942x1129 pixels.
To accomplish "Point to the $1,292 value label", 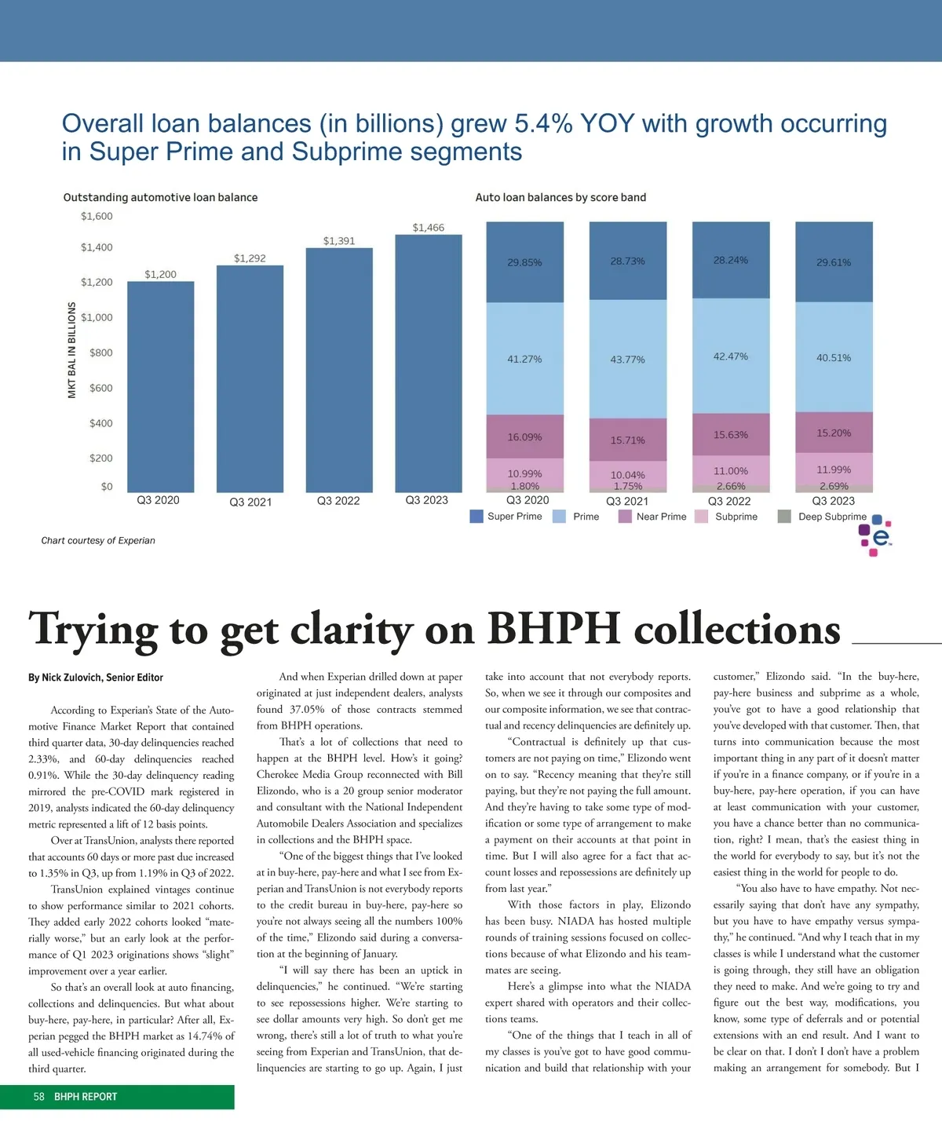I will point(250,258).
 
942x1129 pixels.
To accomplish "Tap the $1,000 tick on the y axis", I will point(97,317).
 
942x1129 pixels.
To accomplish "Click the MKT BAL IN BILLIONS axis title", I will point(72,350).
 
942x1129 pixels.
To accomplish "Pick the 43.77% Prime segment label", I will point(627,360).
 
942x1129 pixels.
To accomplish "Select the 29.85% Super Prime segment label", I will point(524,262).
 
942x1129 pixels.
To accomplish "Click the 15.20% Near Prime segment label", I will point(834,433).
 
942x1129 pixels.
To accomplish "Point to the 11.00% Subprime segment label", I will point(730,471).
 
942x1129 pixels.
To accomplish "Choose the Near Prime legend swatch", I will point(625,517).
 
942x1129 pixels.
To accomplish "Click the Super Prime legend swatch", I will point(476,517).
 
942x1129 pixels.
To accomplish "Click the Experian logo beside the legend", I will point(877,536).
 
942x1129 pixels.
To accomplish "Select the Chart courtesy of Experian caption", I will point(98,540).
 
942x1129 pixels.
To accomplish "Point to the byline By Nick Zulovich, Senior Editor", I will point(96,678).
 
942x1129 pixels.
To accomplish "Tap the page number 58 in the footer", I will point(39,1097).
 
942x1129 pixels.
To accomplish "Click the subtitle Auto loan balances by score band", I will point(560,198).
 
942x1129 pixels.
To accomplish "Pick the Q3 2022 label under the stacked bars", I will point(729,501).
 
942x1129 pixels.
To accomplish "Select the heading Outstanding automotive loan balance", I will point(160,198).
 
